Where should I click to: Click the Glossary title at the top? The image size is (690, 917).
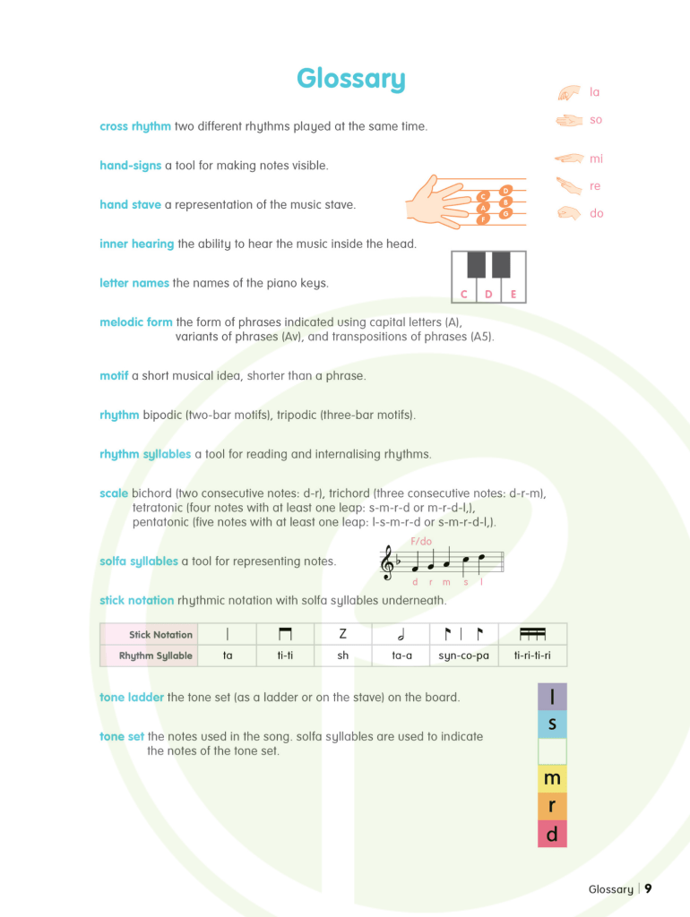click(350, 79)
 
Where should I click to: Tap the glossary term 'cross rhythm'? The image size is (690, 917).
click(135, 126)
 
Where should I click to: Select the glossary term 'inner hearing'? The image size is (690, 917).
click(137, 244)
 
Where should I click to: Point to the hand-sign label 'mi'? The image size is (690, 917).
click(596, 159)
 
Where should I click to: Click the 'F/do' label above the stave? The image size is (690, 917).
click(421, 541)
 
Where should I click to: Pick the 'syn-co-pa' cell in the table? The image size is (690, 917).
click(464, 656)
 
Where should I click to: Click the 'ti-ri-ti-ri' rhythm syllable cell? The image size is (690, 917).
click(532, 656)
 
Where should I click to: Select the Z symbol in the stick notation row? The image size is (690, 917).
click(342, 634)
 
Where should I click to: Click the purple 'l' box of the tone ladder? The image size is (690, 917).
click(552, 697)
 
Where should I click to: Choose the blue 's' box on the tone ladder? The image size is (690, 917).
click(552, 724)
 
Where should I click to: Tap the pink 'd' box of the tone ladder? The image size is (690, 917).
click(552, 834)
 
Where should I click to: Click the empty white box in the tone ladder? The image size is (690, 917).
click(552, 751)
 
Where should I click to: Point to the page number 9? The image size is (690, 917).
click(648, 889)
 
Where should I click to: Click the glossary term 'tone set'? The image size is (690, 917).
click(122, 736)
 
